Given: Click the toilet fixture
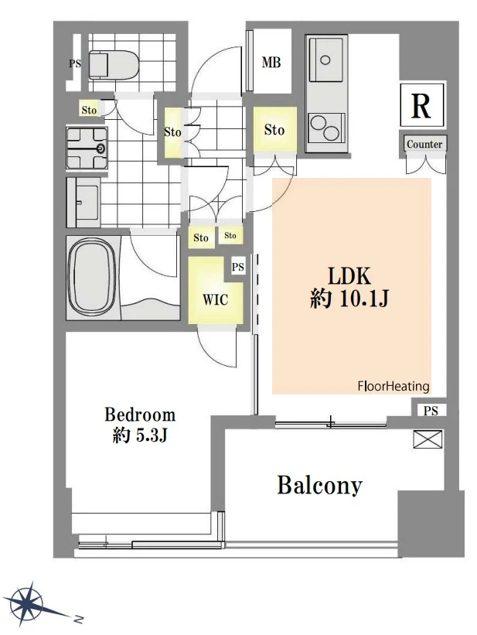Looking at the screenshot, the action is (x=114, y=64).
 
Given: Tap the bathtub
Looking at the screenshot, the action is (x=93, y=278).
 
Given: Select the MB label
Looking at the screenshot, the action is (x=271, y=62).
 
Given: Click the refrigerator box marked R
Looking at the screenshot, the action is (x=421, y=105).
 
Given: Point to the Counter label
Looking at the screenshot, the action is (x=424, y=144).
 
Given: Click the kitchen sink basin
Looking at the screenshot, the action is (x=327, y=60).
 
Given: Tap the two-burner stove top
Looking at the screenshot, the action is (x=326, y=127).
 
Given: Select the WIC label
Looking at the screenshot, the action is (x=216, y=299).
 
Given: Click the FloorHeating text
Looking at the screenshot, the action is (x=394, y=386).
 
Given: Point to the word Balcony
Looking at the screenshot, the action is (x=319, y=485).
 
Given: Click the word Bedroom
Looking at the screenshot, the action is (x=140, y=415).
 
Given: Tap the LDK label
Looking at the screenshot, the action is (x=349, y=276).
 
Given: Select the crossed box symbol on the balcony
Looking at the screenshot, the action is (x=428, y=439).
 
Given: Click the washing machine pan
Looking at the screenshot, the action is (x=87, y=148).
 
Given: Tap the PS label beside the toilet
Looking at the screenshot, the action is (x=75, y=63).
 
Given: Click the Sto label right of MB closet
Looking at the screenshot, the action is (x=274, y=130).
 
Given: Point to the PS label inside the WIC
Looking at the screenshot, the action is (x=238, y=267).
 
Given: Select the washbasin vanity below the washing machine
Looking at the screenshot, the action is (x=83, y=202).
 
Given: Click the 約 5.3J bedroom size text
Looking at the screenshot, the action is (x=140, y=435).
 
